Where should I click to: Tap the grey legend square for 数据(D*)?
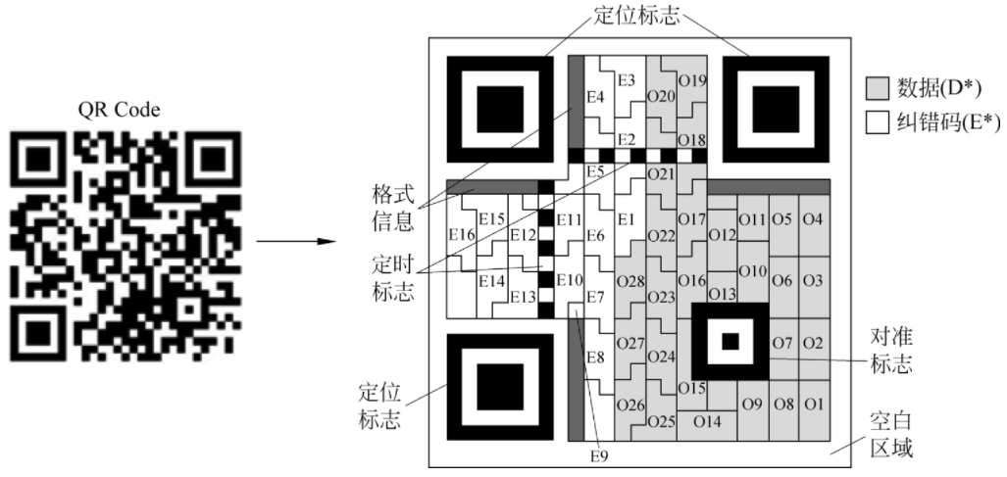pyautogui.click(x=879, y=88)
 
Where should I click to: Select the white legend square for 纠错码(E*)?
pyautogui.click(x=879, y=121)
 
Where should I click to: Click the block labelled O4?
pyautogui.click(x=813, y=217)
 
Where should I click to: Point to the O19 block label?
pyautogui.click(x=692, y=79)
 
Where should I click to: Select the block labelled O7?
pyautogui.click(x=782, y=343)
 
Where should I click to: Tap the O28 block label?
pyautogui.click(x=630, y=282)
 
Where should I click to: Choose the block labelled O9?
pyautogui.click(x=752, y=404)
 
